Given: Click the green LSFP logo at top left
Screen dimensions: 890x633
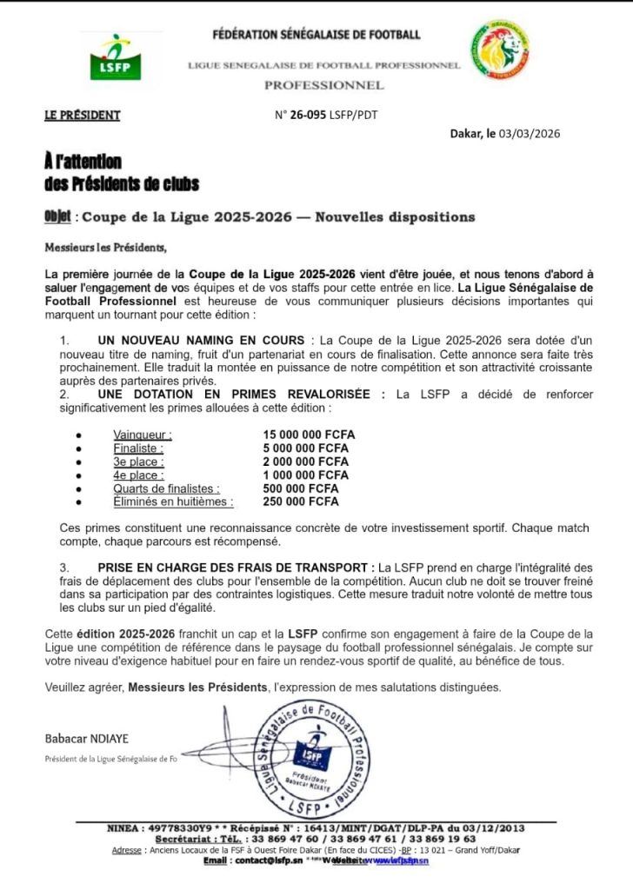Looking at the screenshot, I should coord(115,57).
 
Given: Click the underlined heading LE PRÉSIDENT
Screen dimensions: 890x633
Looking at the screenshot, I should coord(83,115).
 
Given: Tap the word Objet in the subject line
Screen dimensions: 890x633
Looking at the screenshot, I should coord(58,216).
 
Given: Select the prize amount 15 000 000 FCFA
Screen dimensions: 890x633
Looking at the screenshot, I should coord(309,435).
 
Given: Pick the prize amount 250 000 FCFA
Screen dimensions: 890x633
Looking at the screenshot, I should coord(301,501).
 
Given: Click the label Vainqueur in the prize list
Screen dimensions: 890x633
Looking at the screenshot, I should coord(143,435).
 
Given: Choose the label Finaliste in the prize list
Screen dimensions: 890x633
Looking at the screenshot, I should coord(138,448).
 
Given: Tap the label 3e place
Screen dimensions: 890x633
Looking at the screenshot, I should coord(138,462).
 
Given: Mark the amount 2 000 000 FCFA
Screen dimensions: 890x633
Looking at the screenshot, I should coord(305,462).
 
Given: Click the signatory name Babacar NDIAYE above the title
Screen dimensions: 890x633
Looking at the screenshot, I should coord(86,738).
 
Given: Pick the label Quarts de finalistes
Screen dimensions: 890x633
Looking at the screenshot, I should coord(166,488).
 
